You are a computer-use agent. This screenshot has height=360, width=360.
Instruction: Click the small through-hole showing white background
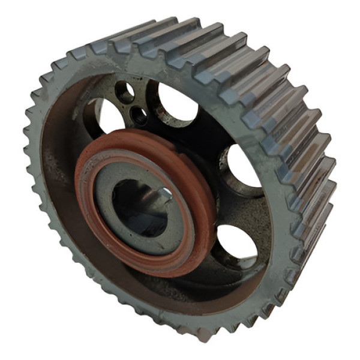[x=125, y=92]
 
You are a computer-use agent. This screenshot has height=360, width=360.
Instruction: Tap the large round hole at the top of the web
[x=175, y=102]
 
